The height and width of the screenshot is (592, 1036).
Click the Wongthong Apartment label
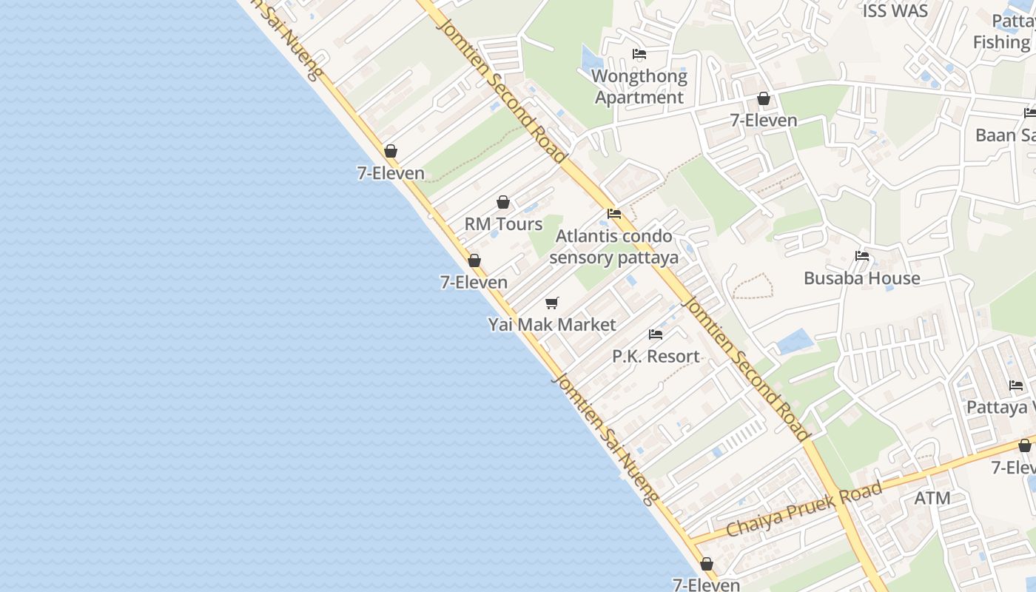coord(639,87)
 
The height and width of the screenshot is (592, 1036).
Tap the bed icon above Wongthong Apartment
coord(639,54)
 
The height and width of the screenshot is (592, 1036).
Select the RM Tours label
coord(503,223)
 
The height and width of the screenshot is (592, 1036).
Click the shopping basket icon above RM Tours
coord(503,202)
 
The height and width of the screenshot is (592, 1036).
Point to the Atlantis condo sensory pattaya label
coord(614,246)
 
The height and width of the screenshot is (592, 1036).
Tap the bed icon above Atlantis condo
coord(614,214)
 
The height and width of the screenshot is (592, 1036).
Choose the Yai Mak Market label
coord(552,324)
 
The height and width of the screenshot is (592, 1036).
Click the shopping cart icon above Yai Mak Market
coord(552,303)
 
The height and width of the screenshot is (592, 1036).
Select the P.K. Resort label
coord(656,356)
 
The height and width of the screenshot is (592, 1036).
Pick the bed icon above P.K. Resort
coord(656,334)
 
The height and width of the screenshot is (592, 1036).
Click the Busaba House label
coord(862,278)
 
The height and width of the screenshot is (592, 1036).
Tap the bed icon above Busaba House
coord(862,257)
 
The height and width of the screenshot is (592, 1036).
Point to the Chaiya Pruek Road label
coord(804,509)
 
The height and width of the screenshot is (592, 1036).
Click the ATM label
coord(932,498)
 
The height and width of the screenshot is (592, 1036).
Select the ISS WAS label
coord(895,11)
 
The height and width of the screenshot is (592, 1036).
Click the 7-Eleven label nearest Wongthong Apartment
coord(764,120)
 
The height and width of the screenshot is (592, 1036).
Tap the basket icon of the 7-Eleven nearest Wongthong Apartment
coord(764,98)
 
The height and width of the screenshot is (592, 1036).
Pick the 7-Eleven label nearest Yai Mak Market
coord(474,282)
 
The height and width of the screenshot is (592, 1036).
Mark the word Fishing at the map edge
coord(1001,42)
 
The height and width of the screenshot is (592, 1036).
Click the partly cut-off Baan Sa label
coord(1005,135)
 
